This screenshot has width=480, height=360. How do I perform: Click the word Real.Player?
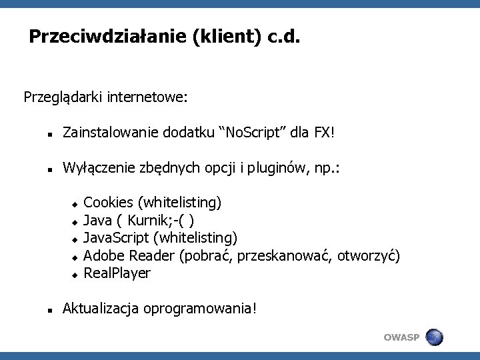click(117, 273)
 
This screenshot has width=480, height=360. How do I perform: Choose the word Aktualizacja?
click(100, 309)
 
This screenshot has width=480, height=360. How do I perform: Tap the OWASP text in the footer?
click(401, 337)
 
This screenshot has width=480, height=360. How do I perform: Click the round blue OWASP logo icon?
click(434, 337)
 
